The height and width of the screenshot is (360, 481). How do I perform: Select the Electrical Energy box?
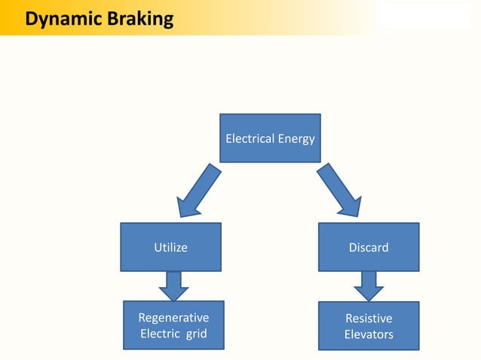[x=270, y=138]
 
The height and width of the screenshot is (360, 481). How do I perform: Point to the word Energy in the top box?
[x=297, y=139]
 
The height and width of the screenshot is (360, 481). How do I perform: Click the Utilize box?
[x=170, y=247]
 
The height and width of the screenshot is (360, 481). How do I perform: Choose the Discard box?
[x=369, y=247]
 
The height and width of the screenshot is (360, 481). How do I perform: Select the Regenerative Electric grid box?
[x=173, y=325]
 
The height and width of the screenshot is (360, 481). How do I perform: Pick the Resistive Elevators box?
[x=369, y=326]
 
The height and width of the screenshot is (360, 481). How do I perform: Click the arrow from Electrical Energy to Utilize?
[x=198, y=191]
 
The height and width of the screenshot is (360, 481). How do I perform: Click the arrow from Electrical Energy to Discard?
[x=340, y=191]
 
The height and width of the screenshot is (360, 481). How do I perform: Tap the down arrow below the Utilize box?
[x=173, y=285]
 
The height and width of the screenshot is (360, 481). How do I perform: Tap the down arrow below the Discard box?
[x=369, y=285]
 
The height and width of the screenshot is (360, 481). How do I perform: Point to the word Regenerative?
[x=173, y=318]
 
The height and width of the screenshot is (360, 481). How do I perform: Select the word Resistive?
[x=369, y=319]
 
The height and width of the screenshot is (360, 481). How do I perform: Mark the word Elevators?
[x=369, y=334]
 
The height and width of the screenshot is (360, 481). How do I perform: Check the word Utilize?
[x=170, y=247]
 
